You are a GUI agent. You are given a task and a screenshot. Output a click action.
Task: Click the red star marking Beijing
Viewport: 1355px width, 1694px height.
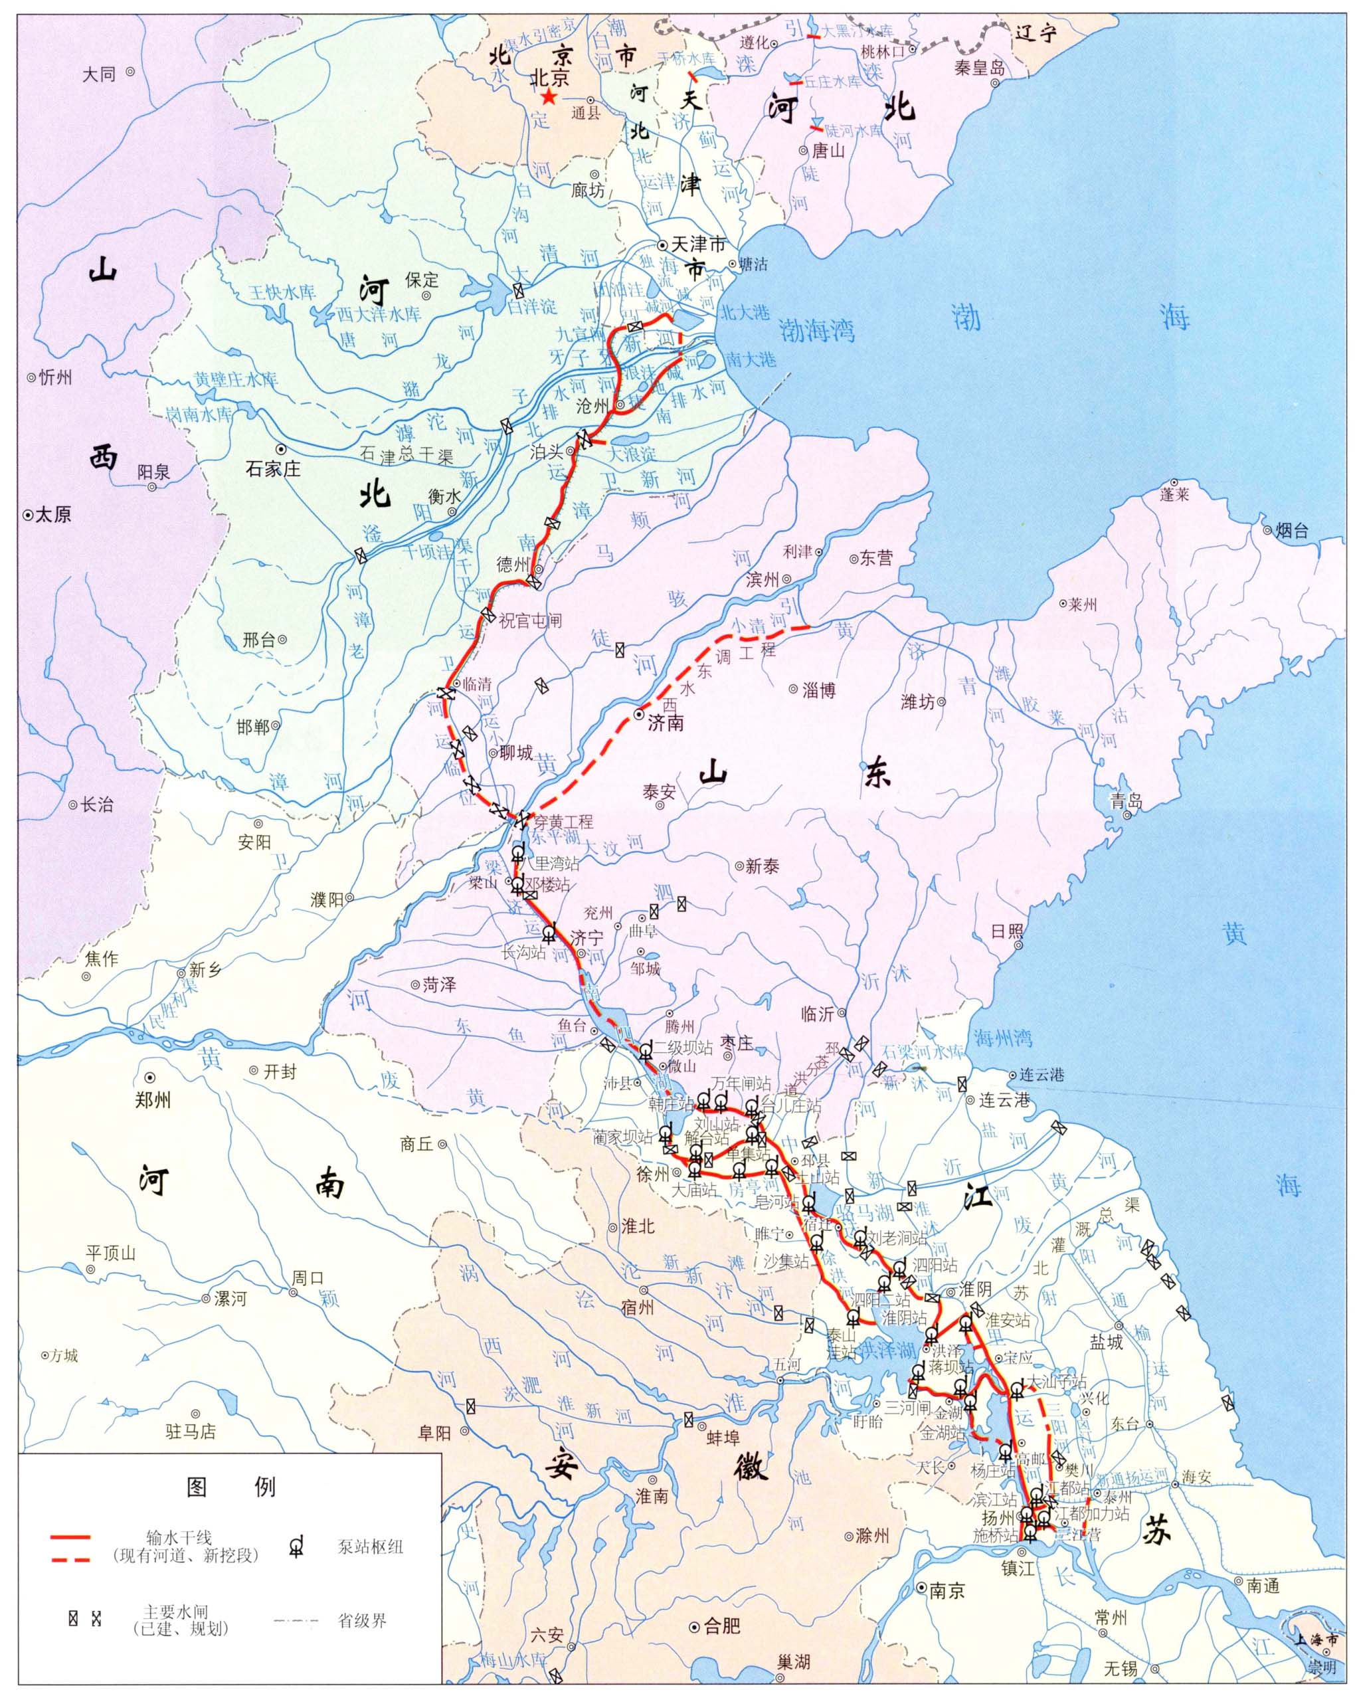(x=548, y=98)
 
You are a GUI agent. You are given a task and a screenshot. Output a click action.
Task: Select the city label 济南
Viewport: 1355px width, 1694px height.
(x=666, y=723)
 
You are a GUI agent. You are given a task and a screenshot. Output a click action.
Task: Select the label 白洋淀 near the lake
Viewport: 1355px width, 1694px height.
(x=533, y=305)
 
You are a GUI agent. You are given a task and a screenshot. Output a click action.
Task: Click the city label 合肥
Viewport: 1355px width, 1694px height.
(x=722, y=1625)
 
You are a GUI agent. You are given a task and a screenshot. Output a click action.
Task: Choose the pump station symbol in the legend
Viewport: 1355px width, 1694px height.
(x=296, y=1547)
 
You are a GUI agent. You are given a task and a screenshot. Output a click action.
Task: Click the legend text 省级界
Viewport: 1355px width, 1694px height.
(x=362, y=1620)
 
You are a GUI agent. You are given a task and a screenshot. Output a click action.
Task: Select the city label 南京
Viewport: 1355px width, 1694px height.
(x=946, y=1591)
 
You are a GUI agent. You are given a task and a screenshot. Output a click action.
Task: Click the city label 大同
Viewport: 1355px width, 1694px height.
(x=100, y=74)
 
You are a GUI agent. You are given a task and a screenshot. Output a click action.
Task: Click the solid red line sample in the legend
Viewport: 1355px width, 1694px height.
(x=70, y=1536)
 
